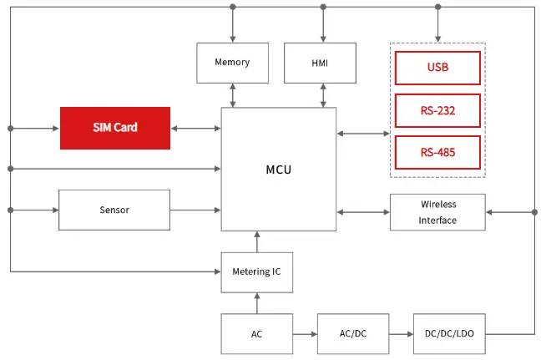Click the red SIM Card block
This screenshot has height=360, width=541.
click(x=115, y=128)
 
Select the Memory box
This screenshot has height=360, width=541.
click(x=233, y=63)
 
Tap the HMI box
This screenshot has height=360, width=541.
click(x=320, y=63)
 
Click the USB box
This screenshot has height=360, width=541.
click(x=437, y=68)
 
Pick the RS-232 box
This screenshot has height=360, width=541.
click(x=437, y=110)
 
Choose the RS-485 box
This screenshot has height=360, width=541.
click(x=437, y=152)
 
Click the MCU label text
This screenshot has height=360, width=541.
click(x=279, y=170)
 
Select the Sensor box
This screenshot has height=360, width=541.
click(x=114, y=210)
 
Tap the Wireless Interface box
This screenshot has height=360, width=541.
click(x=437, y=212)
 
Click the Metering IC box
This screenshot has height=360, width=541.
click(x=257, y=272)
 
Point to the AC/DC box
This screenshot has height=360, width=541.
click(x=353, y=334)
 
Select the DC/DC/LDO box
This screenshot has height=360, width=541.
click(x=449, y=334)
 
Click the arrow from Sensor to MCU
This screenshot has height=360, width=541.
click(x=195, y=210)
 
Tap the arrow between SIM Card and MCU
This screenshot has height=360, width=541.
click(x=195, y=129)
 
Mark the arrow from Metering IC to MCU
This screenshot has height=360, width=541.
click(x=257, y=241)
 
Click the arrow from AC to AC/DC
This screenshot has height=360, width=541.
click(x=305, y=334)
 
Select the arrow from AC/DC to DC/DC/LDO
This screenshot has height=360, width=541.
click(x=402, y=334)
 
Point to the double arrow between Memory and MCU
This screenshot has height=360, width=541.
click(x=233, y=95)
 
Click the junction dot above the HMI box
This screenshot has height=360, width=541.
click(x=323, y=7)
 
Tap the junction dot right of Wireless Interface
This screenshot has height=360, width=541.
click(x=534, y=212)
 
